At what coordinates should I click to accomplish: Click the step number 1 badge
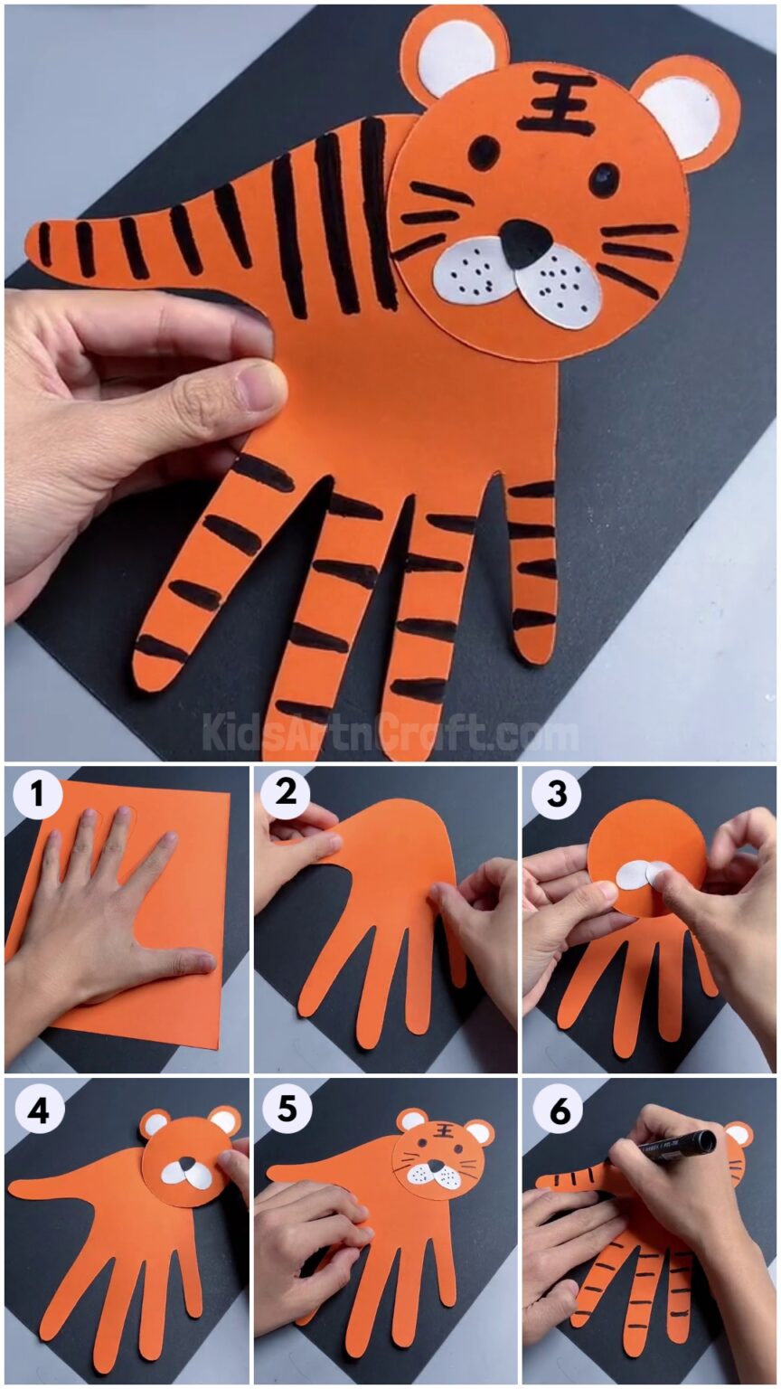(36, 796)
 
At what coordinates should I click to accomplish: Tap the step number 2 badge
(286, 794)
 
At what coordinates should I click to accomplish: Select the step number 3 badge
(555, 795)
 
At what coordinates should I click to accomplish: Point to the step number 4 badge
(37, 1110)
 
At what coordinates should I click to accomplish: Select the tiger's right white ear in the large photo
(691, 115)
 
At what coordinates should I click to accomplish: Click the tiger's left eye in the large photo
(484, 151)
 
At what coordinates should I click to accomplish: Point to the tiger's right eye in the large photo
(604, 178)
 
